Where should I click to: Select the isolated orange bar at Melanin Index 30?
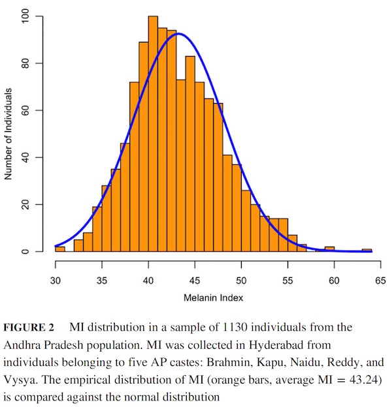pos(60,249)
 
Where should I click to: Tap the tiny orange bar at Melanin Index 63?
pos(367,250)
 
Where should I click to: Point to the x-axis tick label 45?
pos(195,281)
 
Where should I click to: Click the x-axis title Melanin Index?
pos(218,299)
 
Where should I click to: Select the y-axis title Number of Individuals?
pos(10,134)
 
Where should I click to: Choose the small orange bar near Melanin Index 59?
pos(330,249)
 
